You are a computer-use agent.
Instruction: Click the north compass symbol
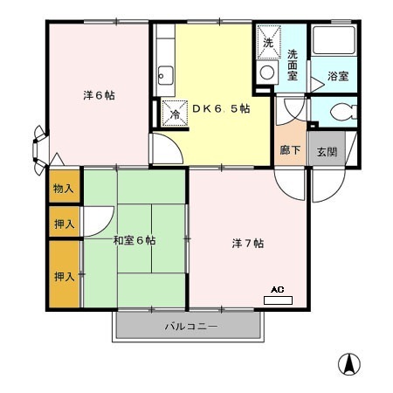pyautogui.click(x=349, y=364)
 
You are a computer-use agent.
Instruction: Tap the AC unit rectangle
pyautogui.click(x=278, y=300)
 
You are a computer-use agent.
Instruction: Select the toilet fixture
pyautogui.click(x=343, y=112)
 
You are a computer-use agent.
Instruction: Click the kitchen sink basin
pyautogui.click(x=165, y=75)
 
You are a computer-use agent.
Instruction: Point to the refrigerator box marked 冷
pyautogui.click(x=175, y=114)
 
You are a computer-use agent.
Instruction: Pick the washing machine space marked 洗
pyautogui.click(x=269, y=42)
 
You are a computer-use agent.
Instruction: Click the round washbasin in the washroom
pyautogui.click(x=267, y=72)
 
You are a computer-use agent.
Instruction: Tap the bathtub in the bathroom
pyautogui.click(x=334, y=40)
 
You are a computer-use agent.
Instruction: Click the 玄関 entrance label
pyautogui.click(x=327, y=152)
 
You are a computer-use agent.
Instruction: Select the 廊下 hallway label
pyautogui.click(x=290, y=150)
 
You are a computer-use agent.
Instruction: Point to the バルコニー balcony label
pyautogui.click(x=191, y=327)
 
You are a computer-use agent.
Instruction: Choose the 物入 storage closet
pyautogui.click(x=64, y=186)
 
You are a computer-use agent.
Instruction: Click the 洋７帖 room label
pyautogui.click(x=248, y=244)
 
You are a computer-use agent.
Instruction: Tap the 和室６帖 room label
pyautogui.click(x=134, y=240)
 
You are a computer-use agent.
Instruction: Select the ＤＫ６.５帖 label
pyautogui.click(x=221, y=108)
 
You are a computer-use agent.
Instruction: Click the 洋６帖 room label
pyautogui.click(x=99, y=95)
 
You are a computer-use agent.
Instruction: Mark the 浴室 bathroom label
pyautogui.click(x=338, y=76)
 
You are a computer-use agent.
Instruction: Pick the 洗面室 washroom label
pyautogui.click(x=293, y=65)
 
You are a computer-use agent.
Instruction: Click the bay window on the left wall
pyautogui.click(x=39, y=150)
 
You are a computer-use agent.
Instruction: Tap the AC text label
pyautogui.click(x=278, y=290)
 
